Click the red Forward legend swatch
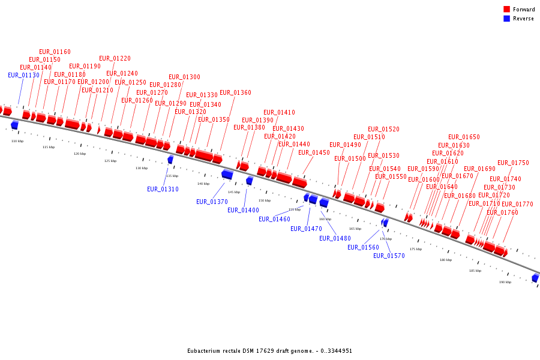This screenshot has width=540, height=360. click(x=507, y=10)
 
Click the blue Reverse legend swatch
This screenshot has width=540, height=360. click(x=507, y=19)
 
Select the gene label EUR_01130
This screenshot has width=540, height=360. click(x=23, y=76)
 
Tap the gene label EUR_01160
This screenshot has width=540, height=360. click(x=55, y=52)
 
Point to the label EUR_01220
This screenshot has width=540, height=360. click(x=115, y=59)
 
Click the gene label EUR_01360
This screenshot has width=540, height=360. click(x=235, y=93)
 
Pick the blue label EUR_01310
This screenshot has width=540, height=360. click(x=163, y=190)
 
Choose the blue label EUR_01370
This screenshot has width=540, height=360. click(x=212, y=202)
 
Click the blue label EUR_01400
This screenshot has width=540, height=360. click(x=243, y=211)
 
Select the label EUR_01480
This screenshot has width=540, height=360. click(x=335, y=239)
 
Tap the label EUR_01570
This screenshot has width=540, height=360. click(x=389, y=256)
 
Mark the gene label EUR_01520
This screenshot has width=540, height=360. click(x=383, y=130)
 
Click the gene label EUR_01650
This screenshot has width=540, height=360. click(x=464, y=137)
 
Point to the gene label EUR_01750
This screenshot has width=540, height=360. click(x=513, y=163)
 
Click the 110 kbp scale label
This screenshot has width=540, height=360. click(x=17, y=141)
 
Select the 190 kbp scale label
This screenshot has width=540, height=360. click(x=505, y=282)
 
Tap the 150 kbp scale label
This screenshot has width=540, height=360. click(x=265, y=200)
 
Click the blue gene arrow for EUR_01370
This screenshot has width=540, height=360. click(x=227, y=175)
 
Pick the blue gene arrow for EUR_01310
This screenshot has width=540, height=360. click(x=170, y=160)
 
